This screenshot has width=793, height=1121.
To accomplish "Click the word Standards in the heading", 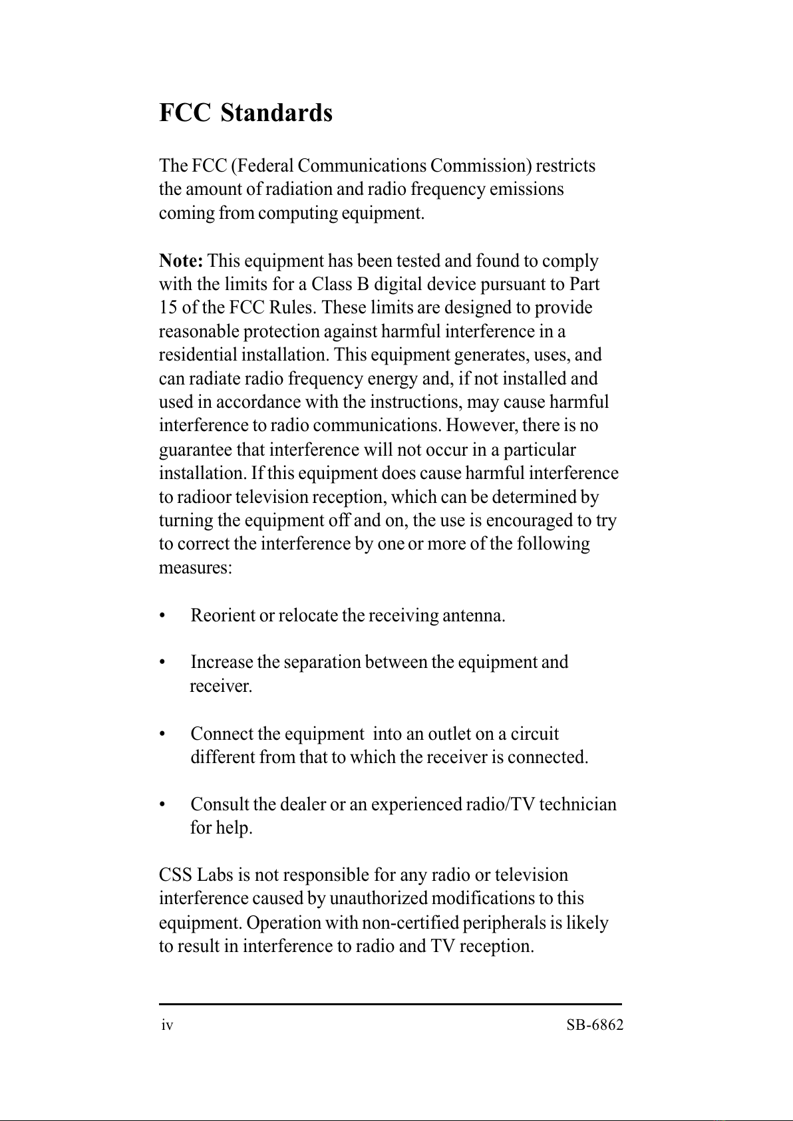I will [276, 113].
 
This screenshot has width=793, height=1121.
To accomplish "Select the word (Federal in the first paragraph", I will [263, 166].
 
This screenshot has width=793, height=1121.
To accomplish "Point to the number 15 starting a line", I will [168, 308].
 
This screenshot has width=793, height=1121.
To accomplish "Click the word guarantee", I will [196, 450].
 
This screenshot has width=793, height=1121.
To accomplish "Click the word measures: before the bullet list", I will [195, 568].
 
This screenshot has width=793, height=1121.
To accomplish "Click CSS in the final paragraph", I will [176, 876].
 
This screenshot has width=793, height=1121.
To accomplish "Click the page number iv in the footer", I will [168, 1026].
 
